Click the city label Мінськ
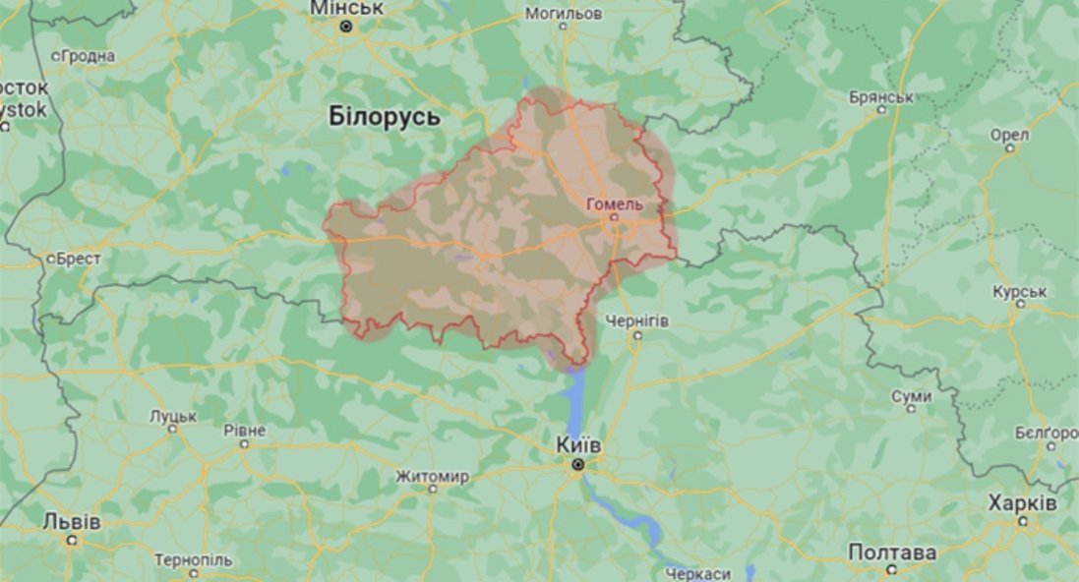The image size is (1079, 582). point(346,9)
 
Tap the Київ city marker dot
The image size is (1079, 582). point(578,464)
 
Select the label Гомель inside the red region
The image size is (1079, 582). point(614,204)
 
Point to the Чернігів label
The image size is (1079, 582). point(637,321)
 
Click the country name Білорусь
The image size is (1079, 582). point(385,117)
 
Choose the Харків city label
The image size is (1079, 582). point(1023,502)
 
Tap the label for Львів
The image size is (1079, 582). point(72,521)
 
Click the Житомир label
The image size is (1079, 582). point(432,477)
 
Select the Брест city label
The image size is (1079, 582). point(79,259)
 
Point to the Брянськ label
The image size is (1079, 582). point(881,97)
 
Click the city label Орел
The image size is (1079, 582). point(1009,135)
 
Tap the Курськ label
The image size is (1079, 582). point(1020,292)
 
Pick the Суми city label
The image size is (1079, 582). point(911,395)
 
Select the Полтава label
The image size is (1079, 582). point(891,553)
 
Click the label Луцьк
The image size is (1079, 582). point(173,416)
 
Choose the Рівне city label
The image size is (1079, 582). point(244,431)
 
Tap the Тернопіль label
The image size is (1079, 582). point(193,559)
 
